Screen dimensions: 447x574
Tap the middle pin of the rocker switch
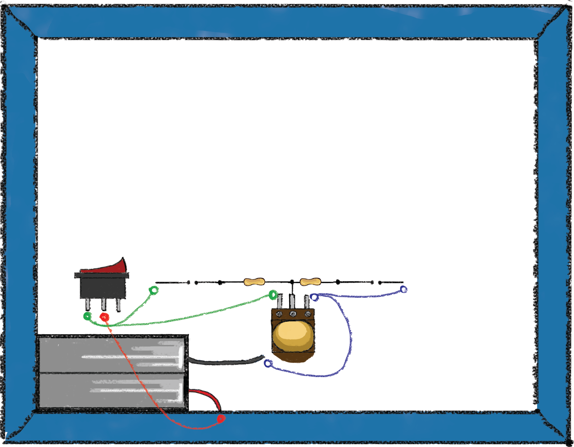[x=104, y=304]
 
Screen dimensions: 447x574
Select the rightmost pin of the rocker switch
[x=118, y=305]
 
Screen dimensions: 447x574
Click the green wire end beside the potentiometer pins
[x=273, y=295]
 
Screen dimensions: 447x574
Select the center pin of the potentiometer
[x=292, y=301]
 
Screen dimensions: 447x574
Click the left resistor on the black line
[x=254, y=282]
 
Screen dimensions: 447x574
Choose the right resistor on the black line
[x=310, y=282]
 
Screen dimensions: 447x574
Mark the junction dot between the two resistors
[x=292, y=282]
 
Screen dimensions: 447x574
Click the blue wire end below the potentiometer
[x=268, y=363]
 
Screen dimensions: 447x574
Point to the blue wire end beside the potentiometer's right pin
[x=314, y=297]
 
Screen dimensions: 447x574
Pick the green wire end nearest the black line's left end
[x=154, y=290]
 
